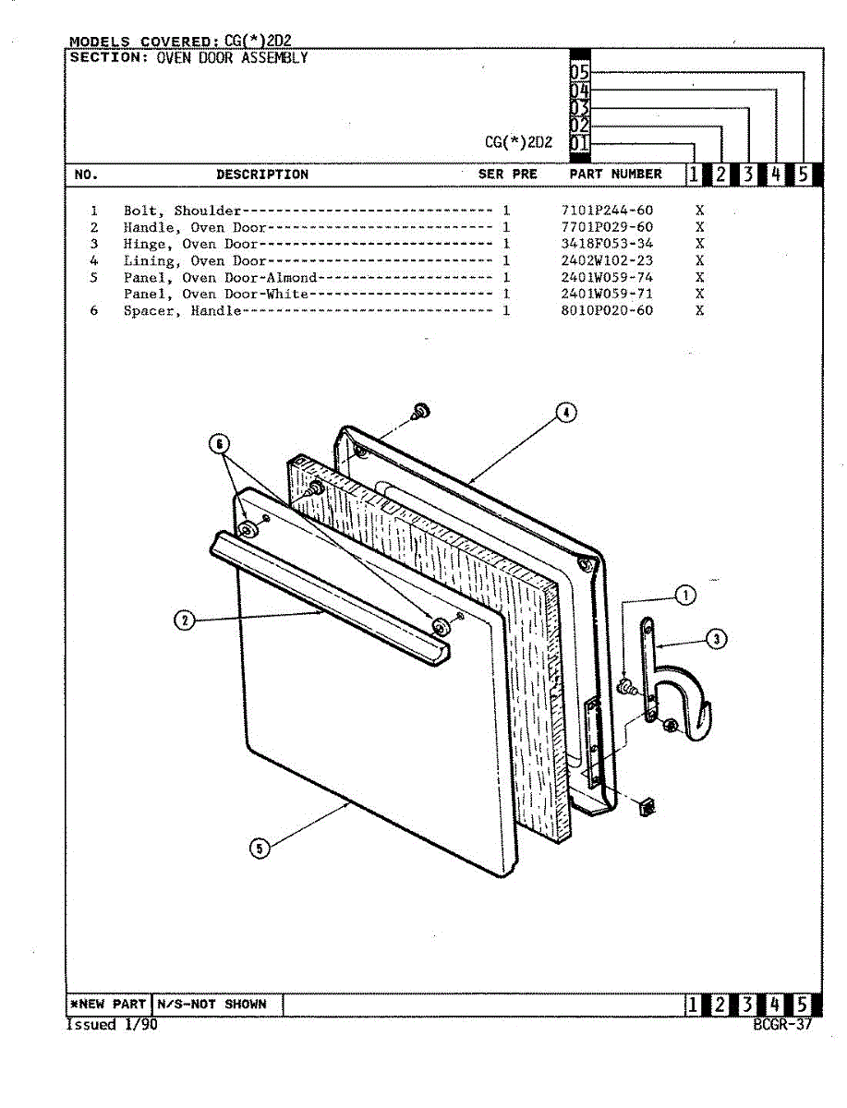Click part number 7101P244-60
[x=606, y=211]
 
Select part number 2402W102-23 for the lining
[x=606, y=260]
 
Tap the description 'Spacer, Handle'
[x=182, y=310]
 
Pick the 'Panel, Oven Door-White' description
[x=216, y=294]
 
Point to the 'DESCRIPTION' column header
[x=262, y=174]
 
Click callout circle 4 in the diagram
[x=566, y=413]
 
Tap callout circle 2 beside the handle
[x=186, y=621]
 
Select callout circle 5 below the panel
[x=260, y=848]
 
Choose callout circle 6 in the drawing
[x=219, y=445]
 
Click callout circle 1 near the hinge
[x=685, y=596]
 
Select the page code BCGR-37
[x=782, y=1024]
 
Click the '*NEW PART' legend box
[x=108, y=1004]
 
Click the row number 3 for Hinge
[x=94, y=244]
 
